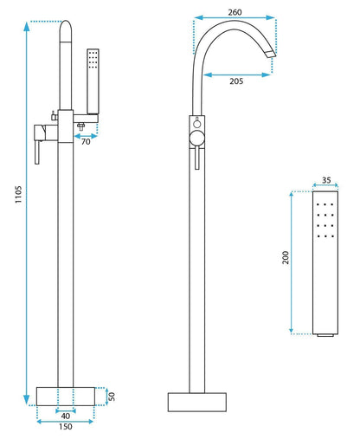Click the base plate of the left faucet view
(x=66, y=395)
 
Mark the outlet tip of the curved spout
(x=273, y=57)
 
